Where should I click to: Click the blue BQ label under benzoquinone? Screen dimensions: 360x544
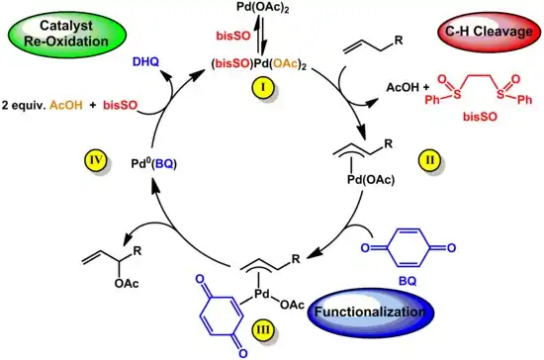click(x=406, y=280)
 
